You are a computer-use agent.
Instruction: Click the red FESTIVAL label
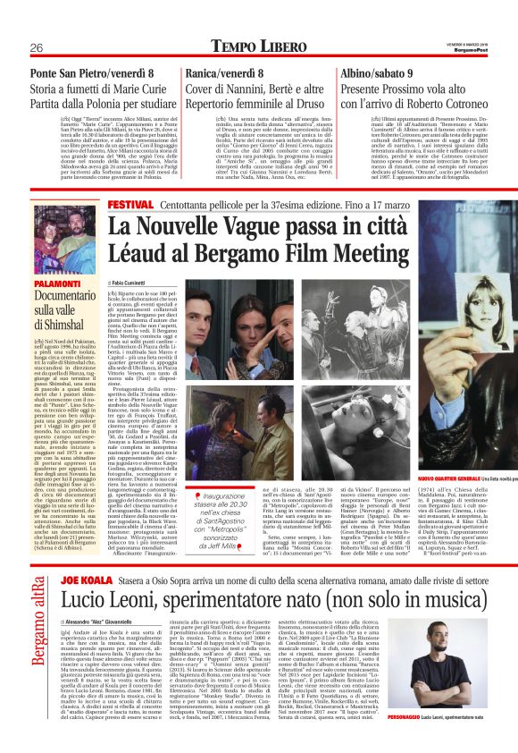(x=129, y=205)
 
